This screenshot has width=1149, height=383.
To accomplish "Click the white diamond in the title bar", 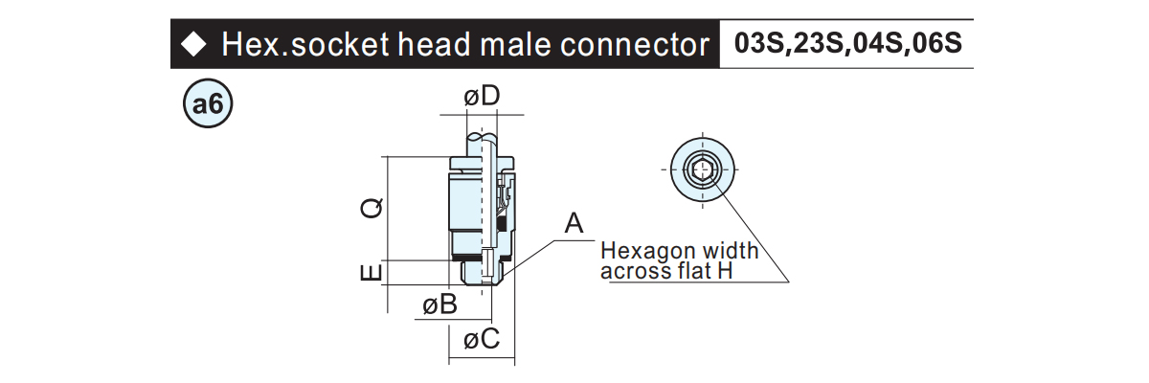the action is point(193,45).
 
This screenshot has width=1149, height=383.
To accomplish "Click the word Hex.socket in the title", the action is point(304,45).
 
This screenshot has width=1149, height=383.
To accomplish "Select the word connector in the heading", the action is point(635,45).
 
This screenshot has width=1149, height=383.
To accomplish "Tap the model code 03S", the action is point(758,43).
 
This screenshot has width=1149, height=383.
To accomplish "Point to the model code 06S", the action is point(936,43).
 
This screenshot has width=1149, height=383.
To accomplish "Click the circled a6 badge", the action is point(208,103).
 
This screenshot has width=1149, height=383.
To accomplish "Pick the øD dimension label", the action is point(482,96).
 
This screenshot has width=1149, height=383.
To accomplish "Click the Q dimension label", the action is point(372,208).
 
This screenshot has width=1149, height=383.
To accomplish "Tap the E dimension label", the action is point(372,273).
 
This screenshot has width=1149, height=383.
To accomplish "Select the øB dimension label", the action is point(439,304).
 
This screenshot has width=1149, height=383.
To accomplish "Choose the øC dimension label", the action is point(481,339).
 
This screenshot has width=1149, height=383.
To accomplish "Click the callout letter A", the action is point(574,223).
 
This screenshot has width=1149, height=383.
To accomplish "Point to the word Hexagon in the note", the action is point(649,251).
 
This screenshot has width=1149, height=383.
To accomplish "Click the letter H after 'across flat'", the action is point(726,271).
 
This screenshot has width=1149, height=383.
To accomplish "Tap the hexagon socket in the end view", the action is point(702,169).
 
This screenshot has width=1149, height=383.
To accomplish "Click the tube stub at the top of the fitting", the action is point(483,144).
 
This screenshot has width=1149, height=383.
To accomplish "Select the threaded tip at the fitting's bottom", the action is point(483,272).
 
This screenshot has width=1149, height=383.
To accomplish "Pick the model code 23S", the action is point(817,43).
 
